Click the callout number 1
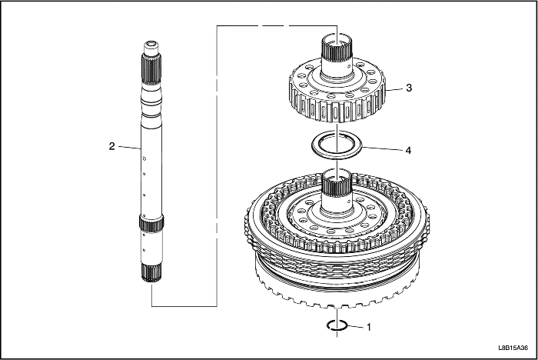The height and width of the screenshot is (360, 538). point(369,328)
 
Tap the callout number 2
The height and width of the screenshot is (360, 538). point(112,146)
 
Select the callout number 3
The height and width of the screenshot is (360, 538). point(409,88)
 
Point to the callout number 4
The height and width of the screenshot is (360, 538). point(408,151)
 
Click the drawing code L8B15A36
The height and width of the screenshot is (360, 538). point(513,348)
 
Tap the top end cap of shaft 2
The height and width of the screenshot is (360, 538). point(151,48)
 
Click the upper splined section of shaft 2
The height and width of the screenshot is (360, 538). point(151,70)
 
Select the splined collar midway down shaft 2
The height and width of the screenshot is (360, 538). point(151,222)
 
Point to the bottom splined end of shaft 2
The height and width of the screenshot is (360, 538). point(151,273)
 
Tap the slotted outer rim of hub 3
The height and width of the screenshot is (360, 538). point(337,106)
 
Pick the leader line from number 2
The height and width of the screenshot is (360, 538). point(130,148)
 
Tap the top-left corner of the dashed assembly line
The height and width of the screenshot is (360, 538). point(218,25)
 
